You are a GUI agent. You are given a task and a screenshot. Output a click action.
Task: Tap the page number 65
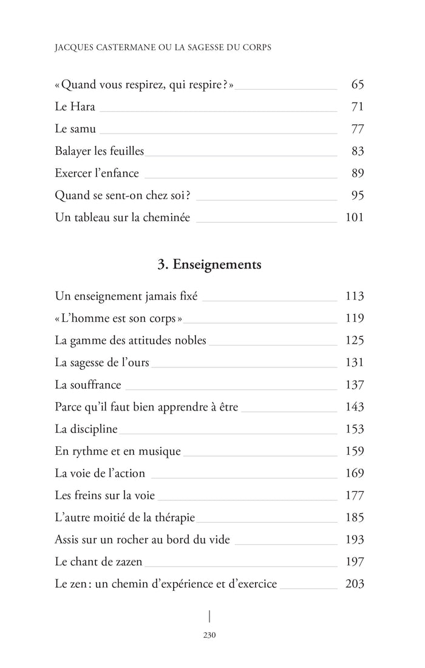tap(357, 84)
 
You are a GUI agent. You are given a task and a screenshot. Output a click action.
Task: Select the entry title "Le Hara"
tap(75, 107)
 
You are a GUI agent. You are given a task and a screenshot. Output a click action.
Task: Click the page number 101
tap(354, 217)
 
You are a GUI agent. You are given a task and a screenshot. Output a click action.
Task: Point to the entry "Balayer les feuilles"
tap(100, 151)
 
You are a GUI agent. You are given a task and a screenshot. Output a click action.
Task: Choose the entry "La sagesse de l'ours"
tap(101, 363)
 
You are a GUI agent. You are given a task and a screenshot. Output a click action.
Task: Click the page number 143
tap(354, 407)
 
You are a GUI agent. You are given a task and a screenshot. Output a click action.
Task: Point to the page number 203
tap(354, 584)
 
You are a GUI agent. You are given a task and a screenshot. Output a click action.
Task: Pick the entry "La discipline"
tap(86, 429)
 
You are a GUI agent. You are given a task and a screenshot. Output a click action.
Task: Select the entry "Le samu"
tap(75, 129)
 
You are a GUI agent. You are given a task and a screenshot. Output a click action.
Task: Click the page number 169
tap(354, 473)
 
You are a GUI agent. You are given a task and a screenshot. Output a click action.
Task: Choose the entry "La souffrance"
tap(88, 384)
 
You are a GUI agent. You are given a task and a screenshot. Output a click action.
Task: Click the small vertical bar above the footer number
tap(209, 616)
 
